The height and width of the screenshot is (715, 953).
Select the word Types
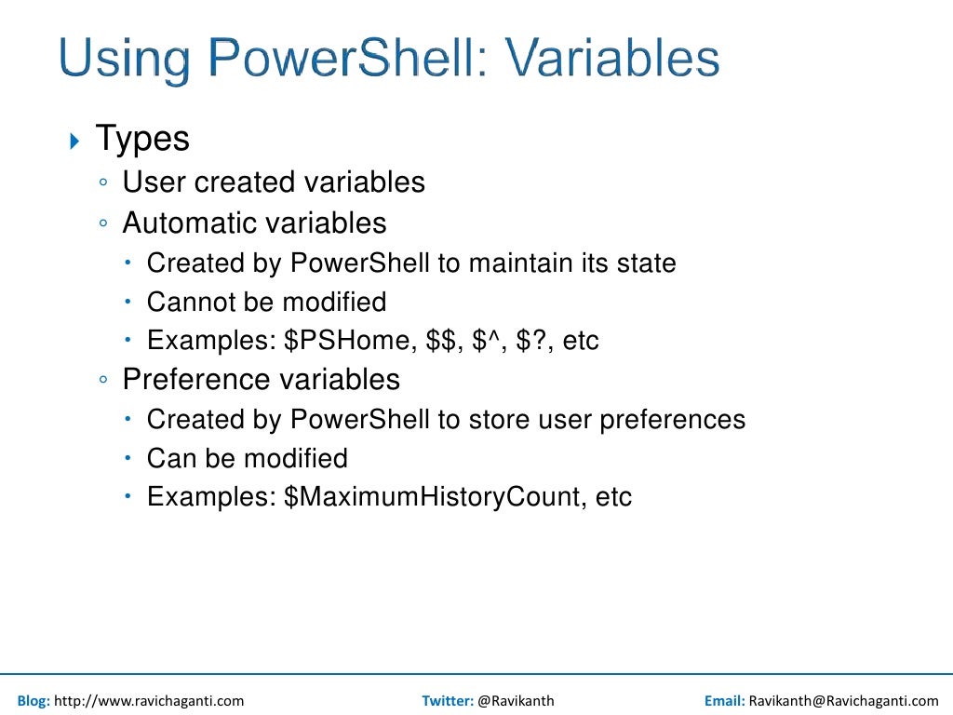(142, 140)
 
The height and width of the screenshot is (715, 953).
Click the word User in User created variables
(154, 182)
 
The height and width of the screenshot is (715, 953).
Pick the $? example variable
(533, 341)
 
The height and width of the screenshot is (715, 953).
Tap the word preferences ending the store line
(672, 420)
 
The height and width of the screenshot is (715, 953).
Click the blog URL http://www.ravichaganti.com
(149, 701)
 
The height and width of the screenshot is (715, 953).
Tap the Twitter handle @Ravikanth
(516, 701)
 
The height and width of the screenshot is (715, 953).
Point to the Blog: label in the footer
(34, 701)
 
